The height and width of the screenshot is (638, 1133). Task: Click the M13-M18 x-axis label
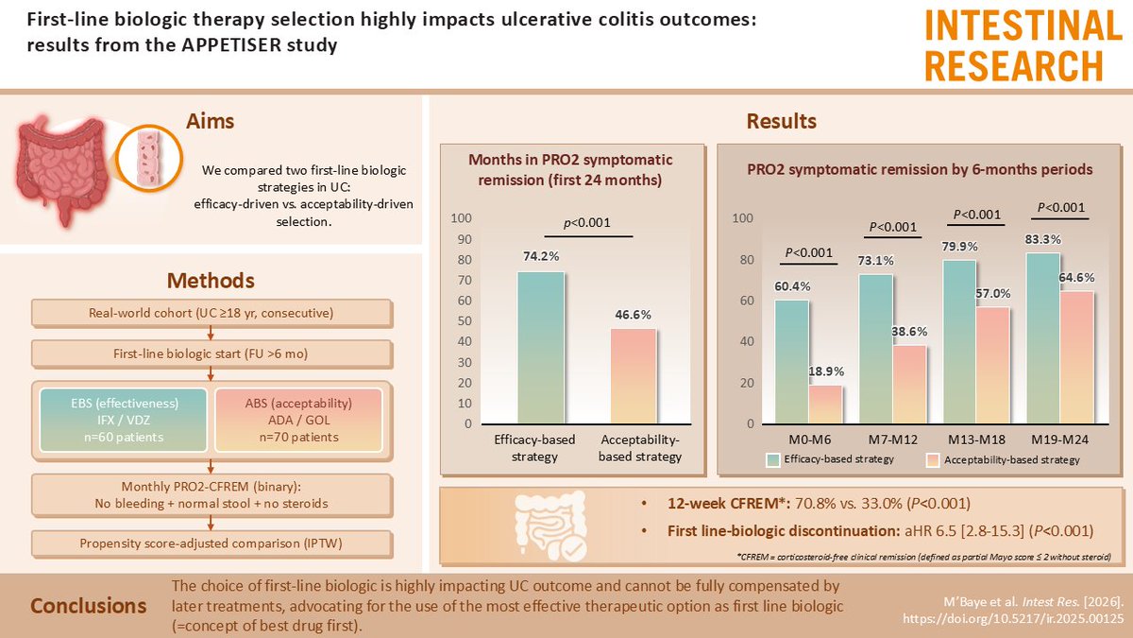coord(974,441)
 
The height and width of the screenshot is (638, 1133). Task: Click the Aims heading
coord(210,122)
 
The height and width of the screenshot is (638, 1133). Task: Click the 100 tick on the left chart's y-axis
coord(463,218)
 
